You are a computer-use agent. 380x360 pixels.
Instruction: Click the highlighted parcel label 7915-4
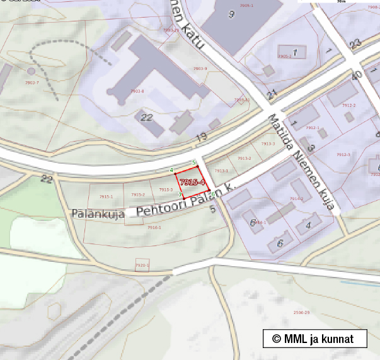pyautogui.click(x=192, y=182)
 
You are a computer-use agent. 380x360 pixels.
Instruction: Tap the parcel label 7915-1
pyautogui.click(x=106, y=196)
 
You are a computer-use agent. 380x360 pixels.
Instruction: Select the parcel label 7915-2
pyautogui.click(x=138, y=194)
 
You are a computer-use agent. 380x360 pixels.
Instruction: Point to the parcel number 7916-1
pyautogui.click(x=154, y=227)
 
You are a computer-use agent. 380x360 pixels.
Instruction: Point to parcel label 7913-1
pyautogui.click(x=221, y=171)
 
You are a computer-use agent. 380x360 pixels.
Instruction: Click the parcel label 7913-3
pyautogui.click(x=268, y=144)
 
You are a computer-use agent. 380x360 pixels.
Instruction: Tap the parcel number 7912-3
pyautogui.click(x=343, y=155)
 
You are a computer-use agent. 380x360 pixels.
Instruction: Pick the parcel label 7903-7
pyautogui.click(x=32, y=83)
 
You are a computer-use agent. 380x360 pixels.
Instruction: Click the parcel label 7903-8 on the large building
pyautogui.click(x=137, y=91)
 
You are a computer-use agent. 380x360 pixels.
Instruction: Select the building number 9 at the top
pyautogui.click(x=231, y=14)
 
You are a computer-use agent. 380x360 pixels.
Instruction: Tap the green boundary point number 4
pyautogui.click(x=171, y=170)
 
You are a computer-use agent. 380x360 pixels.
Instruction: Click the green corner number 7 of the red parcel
pyautogui.click(x=180, y=195)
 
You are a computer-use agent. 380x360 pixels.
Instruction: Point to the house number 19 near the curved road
pyautogui.click(x=202, y=137)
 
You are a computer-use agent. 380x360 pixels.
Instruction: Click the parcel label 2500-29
pyautogui.click(x=301, y=312)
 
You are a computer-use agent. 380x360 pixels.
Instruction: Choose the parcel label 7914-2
pyautogui.click(x=296, y=199)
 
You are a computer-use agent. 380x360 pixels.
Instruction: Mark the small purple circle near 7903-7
pyautogui.click(x=31, y=71)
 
